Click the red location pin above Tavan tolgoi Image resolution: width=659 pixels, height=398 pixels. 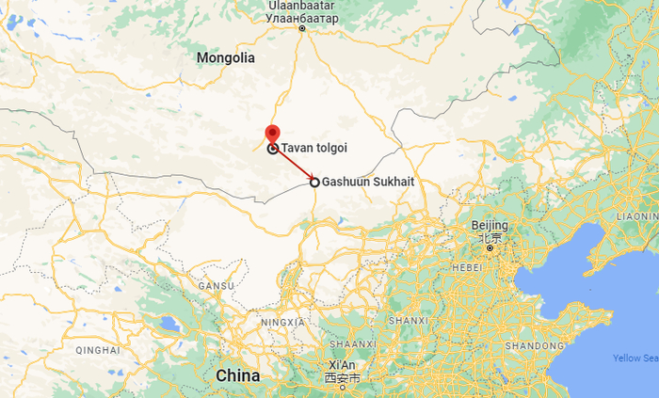tap(272, 135)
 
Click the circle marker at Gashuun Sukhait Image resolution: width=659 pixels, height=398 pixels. tap(314, 183)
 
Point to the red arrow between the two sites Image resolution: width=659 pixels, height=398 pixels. tap(294, 166)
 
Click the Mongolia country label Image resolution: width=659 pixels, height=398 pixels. tap(226, 58)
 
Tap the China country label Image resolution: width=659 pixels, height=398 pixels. tap(237, 375)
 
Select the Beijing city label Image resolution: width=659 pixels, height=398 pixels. tap(490, 226)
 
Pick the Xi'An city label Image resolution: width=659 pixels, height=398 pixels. tap(342, 365)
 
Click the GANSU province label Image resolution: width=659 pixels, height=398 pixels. tap(216, 285)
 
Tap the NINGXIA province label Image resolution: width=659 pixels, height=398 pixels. tap(283, 322)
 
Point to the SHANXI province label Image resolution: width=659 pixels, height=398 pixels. tap(408, 321)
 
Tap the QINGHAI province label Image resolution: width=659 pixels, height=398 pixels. tap(98, 350)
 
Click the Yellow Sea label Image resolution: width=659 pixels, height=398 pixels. tap(635, 358)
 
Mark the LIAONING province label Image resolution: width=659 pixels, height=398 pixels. tap(636, 215)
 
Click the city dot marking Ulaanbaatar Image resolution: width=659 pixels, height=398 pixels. tap(302, 29)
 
